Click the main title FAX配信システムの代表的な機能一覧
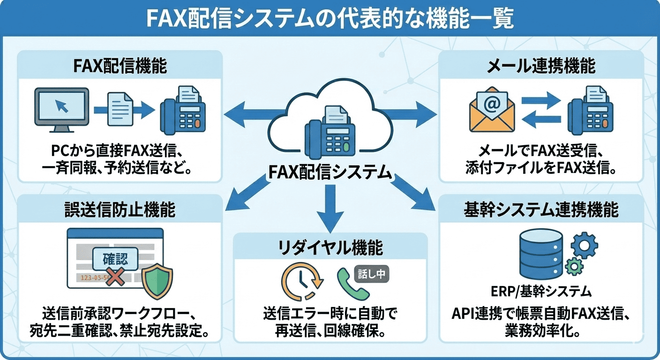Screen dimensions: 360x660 [330, 18]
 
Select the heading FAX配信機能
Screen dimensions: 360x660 [120, 66]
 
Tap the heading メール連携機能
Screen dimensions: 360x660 [540, 66]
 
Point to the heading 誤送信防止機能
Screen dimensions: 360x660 [120, 210]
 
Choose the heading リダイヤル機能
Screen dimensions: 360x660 [330, 247]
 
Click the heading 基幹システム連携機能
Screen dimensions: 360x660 [540, 210]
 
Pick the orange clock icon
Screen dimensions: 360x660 [301, 281]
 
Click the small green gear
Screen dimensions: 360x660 [573, 267]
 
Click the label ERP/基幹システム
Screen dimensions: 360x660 [540, 292]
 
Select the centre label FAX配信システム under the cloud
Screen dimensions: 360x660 [330, 172]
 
